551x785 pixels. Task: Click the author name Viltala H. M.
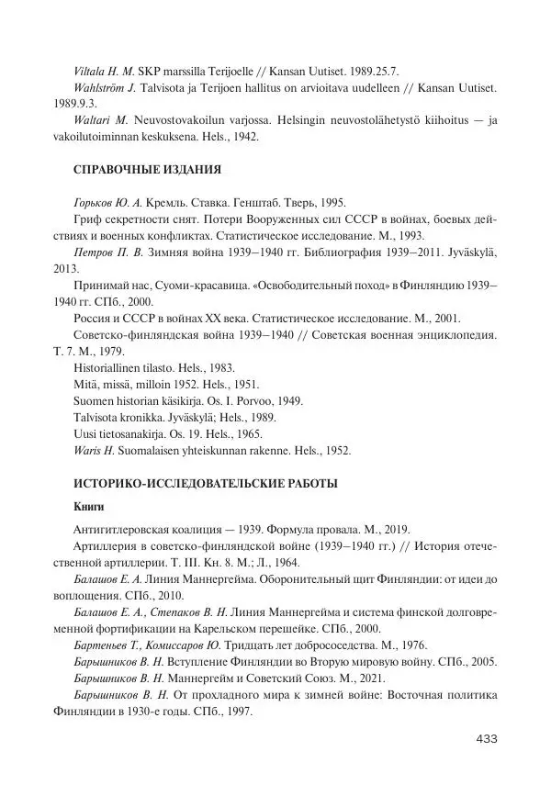coord(105,71)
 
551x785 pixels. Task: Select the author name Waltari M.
coord(103,120)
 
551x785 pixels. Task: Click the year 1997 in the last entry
coord(231,712)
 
